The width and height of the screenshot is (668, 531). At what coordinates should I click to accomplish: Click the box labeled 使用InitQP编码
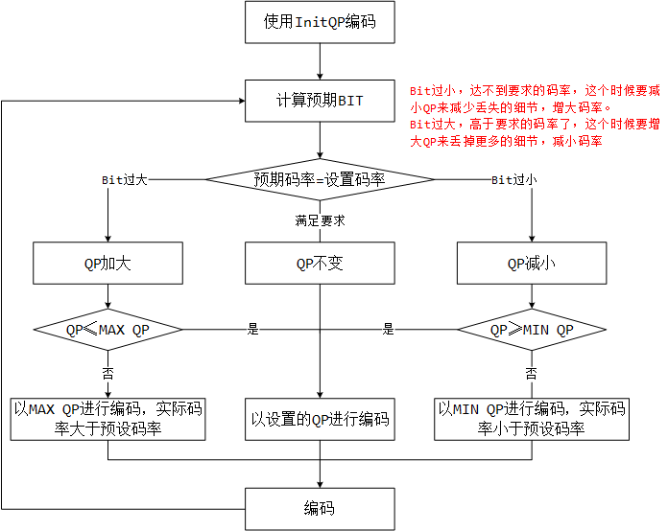319,22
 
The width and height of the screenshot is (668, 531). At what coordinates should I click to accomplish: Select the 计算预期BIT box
319,101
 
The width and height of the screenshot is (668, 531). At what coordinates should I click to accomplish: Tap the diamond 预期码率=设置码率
319,179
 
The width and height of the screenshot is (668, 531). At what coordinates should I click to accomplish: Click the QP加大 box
107,264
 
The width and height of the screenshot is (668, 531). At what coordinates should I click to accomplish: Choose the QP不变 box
319,264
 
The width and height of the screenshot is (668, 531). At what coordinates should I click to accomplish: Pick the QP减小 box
531,264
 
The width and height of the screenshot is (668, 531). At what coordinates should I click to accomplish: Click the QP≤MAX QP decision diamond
107,330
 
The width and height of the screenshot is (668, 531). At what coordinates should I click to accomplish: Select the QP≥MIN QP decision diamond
531,330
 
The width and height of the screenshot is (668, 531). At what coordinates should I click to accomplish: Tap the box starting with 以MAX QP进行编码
107,419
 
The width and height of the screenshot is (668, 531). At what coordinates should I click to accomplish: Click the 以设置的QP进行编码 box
319,419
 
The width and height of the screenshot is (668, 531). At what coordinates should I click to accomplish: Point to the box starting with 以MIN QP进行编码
531,419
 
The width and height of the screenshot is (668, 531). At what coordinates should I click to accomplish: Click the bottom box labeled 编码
319,508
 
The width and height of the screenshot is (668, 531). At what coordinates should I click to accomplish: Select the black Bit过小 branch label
513,179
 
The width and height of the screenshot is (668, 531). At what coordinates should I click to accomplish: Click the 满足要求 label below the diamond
319,220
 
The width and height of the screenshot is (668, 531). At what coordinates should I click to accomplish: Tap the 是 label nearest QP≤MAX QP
253,330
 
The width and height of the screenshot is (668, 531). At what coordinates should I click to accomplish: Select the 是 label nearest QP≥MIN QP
389,330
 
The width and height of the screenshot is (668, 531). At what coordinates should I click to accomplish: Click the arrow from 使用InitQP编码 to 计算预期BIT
319,61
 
